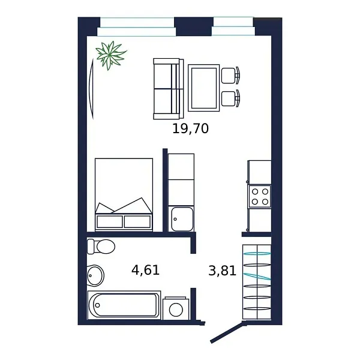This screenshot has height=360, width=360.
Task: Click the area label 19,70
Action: (190, 128)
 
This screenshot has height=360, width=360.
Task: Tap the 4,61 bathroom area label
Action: (145, 270)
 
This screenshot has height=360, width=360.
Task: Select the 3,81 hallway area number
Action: (222, 271)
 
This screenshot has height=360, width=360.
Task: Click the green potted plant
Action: (110, 55)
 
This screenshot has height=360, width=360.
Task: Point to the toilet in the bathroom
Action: (101, 246)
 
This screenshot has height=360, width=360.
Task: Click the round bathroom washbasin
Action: (95, 275)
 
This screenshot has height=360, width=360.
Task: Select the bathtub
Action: (124, 305)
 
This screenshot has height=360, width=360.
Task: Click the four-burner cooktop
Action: (260, 196)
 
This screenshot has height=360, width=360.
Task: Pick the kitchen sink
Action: (181, 218)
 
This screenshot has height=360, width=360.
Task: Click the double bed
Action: (124, 194)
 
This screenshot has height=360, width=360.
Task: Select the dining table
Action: (203, 88)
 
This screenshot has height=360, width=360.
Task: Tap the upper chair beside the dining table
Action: (230, 75)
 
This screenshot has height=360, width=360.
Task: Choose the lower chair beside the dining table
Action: (230, 98)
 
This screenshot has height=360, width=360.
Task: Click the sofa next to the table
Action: (167, 88)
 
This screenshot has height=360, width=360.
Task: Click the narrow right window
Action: (233, 26)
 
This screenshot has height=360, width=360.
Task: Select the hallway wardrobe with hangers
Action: (257, 282)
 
